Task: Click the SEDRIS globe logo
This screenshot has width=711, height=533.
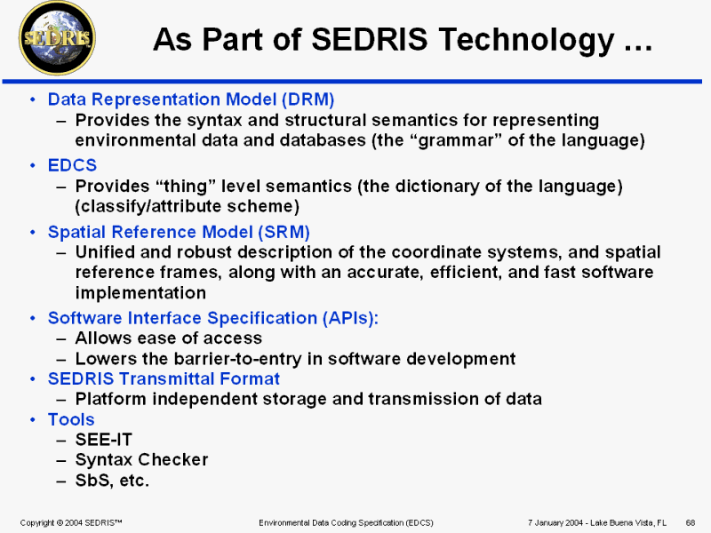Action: [x=57, y=38]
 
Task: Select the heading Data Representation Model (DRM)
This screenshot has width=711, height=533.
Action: [x=191, y=99]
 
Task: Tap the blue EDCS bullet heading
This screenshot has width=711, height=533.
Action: [x=72, y=165]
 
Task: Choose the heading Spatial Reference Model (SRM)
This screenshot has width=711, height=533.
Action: [x=179, y=232]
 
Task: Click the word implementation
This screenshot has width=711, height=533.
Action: [x=140, y=293]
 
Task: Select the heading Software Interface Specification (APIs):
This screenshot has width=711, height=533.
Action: [x=213, y=318]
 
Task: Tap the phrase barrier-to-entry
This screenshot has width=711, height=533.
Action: [x=237, y=359]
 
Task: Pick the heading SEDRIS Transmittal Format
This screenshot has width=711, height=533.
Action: [x=164, y=379]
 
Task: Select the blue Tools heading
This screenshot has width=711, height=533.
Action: [x=71, y=419]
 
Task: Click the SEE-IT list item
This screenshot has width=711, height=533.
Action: [x=103, y=440]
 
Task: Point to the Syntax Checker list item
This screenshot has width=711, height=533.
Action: [x=141, y=460]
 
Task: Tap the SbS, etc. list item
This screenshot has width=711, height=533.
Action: [x=112, y=481]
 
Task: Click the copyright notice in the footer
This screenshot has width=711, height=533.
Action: [x=71, y=522]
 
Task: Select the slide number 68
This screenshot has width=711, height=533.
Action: [x=691, y=522]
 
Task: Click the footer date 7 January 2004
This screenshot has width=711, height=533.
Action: [x=555, y=522]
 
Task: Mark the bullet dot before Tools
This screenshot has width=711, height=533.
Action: [x=33, y=419]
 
